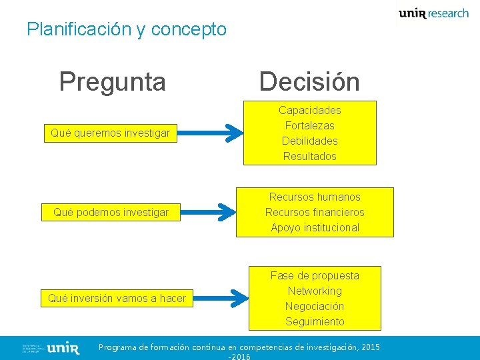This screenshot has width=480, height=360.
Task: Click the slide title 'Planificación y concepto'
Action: (x=127, y=29)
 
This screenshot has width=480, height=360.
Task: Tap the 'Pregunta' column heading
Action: (x=112, y=81)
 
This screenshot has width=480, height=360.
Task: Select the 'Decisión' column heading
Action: (x=309, y=81)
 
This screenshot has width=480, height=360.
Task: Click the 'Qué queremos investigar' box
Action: (x=111, y=133)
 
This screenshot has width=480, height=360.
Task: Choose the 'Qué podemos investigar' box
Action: (x=111, y=213)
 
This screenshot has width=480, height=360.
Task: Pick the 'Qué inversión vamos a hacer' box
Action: (x=117, y=298)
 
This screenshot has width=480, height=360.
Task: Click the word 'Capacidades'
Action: (x=309, y=110)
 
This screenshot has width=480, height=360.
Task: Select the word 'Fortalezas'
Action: (x=309, y=125)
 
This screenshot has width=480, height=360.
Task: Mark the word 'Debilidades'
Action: (x=309, y=141)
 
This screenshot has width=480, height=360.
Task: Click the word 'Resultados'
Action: (x=309, y=156)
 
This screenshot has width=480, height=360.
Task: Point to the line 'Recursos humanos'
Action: (x=315, y=197)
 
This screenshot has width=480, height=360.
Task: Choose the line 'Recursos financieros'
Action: (x=315, y=212)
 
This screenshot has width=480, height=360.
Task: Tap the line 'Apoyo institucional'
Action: (x=315, y=227)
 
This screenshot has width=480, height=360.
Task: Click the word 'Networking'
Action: (x=315, y=291)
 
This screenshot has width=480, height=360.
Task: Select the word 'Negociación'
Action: (x=315, y=306)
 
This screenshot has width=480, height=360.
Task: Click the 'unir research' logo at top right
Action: (x=433, y=13)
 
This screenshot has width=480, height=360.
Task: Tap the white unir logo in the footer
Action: (x=64, y=348)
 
